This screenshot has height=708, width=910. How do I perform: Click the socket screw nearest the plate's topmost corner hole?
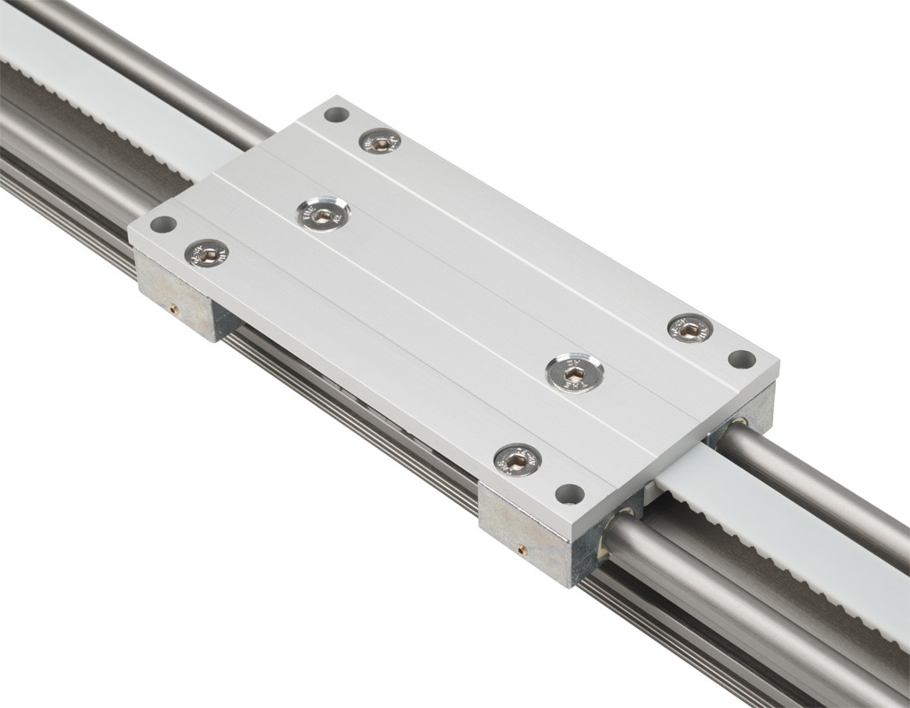click(379, 140)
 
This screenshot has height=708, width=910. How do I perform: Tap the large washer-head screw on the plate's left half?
click(323, 214)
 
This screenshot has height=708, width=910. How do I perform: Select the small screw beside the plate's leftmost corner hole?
click(206, 254)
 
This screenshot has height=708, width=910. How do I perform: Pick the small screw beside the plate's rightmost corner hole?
click(690, 329)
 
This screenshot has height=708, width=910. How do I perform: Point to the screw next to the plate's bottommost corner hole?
click(517, 459)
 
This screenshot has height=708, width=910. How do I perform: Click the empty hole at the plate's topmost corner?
click(336, 114)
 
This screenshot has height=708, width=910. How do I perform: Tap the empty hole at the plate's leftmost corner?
click(163, 225)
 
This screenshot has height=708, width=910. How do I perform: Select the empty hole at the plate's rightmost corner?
click(742, 359)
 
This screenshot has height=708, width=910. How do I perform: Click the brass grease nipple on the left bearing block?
click(174, 309)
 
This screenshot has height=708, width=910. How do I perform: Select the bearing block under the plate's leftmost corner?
click(182, 298)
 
